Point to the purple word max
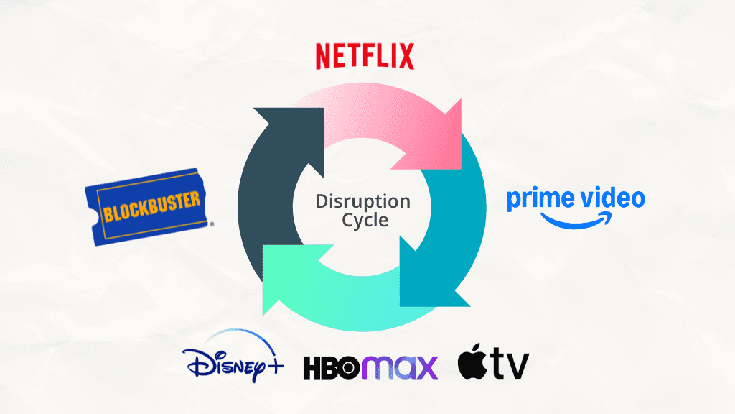point(403,367)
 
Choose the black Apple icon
point(472,362)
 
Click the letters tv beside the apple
point(510,366)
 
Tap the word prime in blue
point(538,201)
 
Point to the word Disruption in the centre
point(362,201)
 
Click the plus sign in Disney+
point(273,367)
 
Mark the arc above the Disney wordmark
point(230,338)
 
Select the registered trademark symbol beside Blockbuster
point(211,224)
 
